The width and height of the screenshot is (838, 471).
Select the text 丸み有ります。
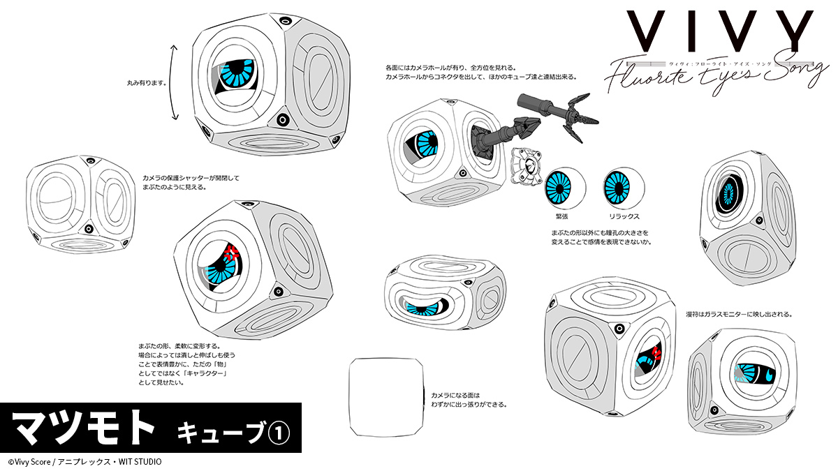coord(146,82)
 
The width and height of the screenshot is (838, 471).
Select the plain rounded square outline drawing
coord(385,396)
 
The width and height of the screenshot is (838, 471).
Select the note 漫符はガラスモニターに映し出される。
coord(738,314)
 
